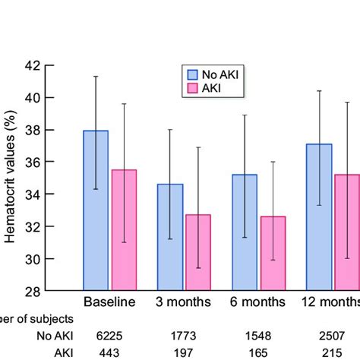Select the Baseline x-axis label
point(109,302)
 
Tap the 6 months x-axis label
point(258,302)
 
